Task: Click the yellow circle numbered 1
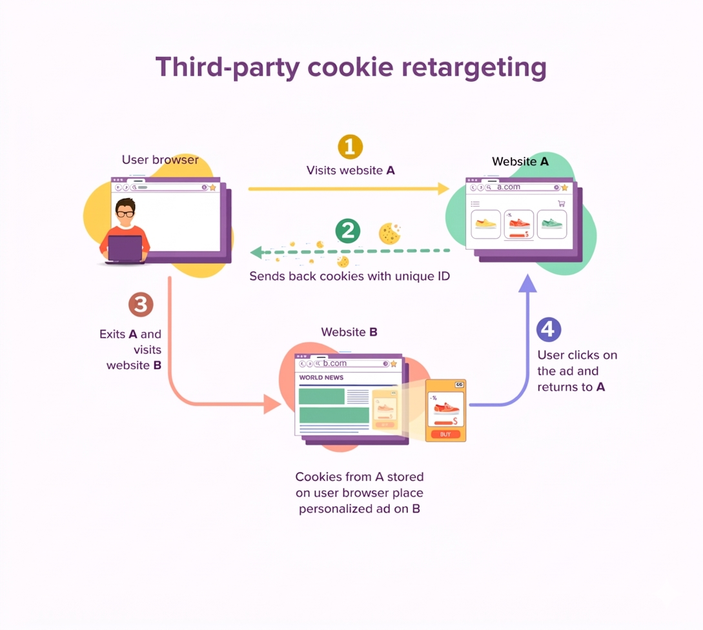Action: [x=350, y=147]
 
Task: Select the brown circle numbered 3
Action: [x=141, y=305]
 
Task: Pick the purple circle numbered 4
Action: [x=549, y=329]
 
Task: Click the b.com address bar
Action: [x=352, y=363]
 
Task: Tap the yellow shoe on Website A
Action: [x=485, y=224]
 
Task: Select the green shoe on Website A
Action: [x=552, y=224]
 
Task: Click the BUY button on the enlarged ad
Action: [x=445, y=434]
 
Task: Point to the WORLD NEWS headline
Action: [x=321, y=378]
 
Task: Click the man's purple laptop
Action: [x=125, y=249]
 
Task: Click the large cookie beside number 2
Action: [x=390, y=233]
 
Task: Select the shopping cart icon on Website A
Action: [x=561, y=203]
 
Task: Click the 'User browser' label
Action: [x=160, y=159]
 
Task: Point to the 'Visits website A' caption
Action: [x=351, y=170]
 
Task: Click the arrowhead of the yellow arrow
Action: [x=443, y=188]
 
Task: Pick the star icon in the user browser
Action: [x=212, y=187]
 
